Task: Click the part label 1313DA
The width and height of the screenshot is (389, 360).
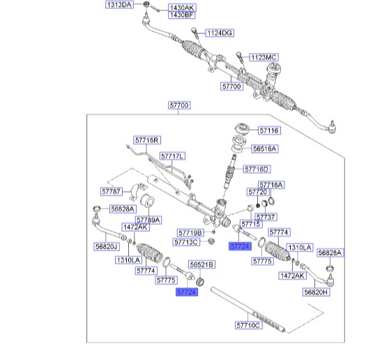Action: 119,4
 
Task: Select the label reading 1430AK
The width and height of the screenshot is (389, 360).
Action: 182,8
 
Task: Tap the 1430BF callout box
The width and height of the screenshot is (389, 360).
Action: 181,15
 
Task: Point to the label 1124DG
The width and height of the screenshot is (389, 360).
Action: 220,33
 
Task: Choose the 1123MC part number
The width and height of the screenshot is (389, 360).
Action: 264,57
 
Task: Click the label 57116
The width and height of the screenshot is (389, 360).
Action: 269,130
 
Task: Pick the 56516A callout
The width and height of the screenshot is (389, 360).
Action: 264,149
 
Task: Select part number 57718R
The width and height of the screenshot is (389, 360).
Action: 147,140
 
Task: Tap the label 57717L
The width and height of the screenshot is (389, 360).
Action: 172,156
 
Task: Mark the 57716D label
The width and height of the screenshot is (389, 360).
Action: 257,170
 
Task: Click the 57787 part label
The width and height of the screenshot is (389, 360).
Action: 112,192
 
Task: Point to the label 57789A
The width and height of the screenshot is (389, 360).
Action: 148,220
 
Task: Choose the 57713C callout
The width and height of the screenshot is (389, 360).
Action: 186,242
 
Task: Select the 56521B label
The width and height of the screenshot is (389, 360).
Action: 201,264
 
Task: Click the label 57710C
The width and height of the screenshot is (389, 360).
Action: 249,325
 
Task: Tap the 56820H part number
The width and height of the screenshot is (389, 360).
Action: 316,292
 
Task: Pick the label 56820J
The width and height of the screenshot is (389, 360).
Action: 107,246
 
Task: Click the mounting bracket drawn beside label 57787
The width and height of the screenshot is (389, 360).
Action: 137,192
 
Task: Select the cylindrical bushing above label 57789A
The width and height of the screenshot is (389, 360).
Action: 147,202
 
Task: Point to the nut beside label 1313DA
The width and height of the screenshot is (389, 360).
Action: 146,4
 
